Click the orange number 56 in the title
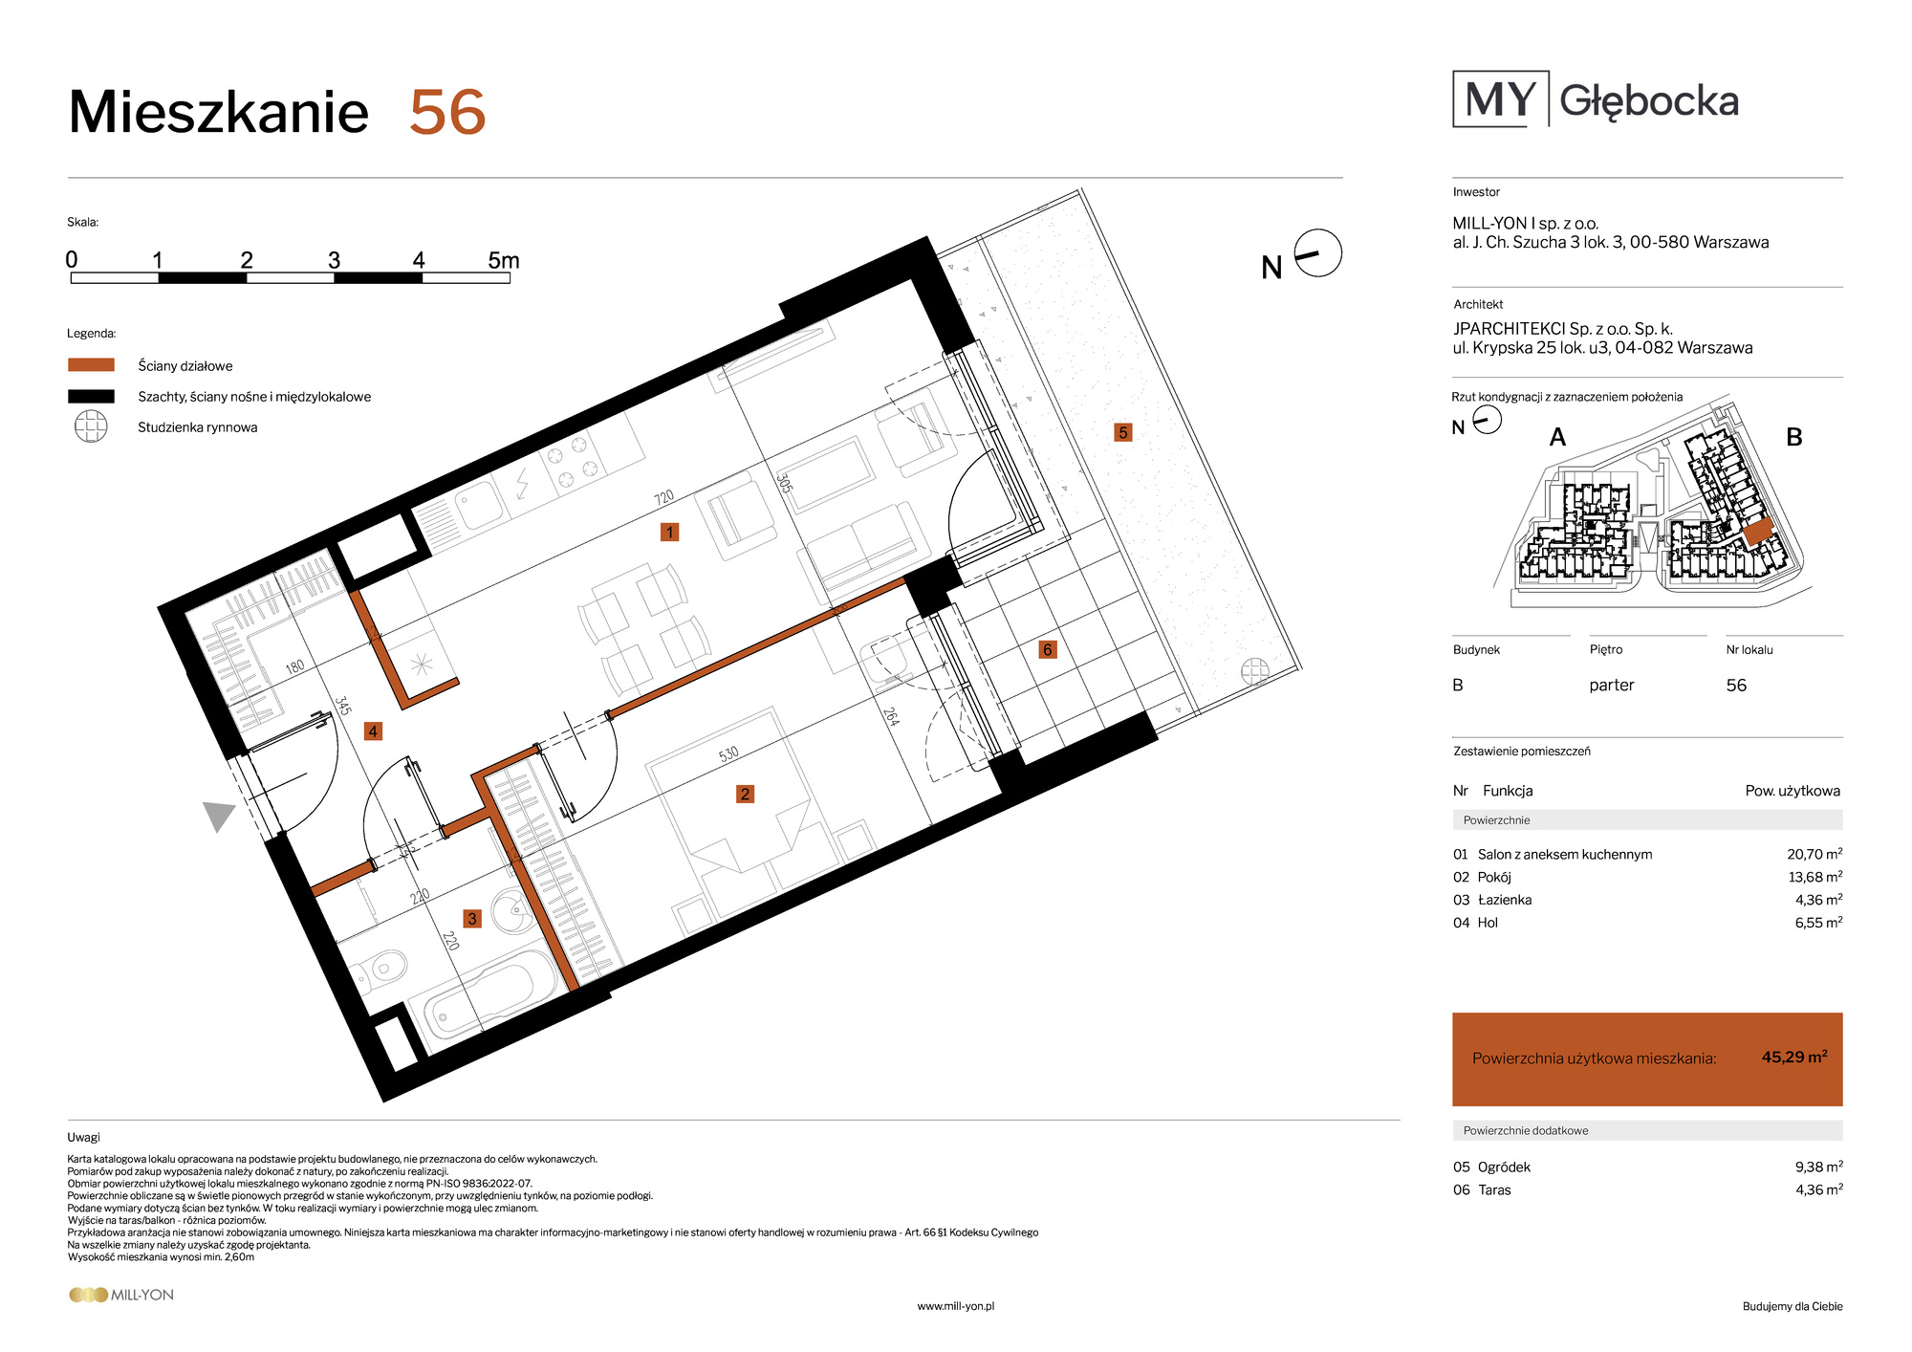tap(447, 113)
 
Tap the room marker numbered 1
tap(669, 533)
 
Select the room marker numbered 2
tap(745, 794)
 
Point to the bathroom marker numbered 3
tap(471, 919)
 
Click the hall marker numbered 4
tap(373, 731)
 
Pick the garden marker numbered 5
tap(1123, 432)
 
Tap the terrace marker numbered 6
tap(1047, 650)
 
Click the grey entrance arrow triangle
tap(220, 816)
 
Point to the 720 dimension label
tap(663, 498)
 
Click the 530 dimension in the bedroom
tap(728, 754)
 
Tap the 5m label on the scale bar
tap(503, 260)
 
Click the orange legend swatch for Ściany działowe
tap(91, 365)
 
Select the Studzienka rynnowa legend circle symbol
tap(91, 426)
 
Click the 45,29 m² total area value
tap(1794, 1057)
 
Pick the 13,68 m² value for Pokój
tap(1815, 877)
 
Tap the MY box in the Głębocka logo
tap(1501, 98)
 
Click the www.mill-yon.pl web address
tap(955, 1306)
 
